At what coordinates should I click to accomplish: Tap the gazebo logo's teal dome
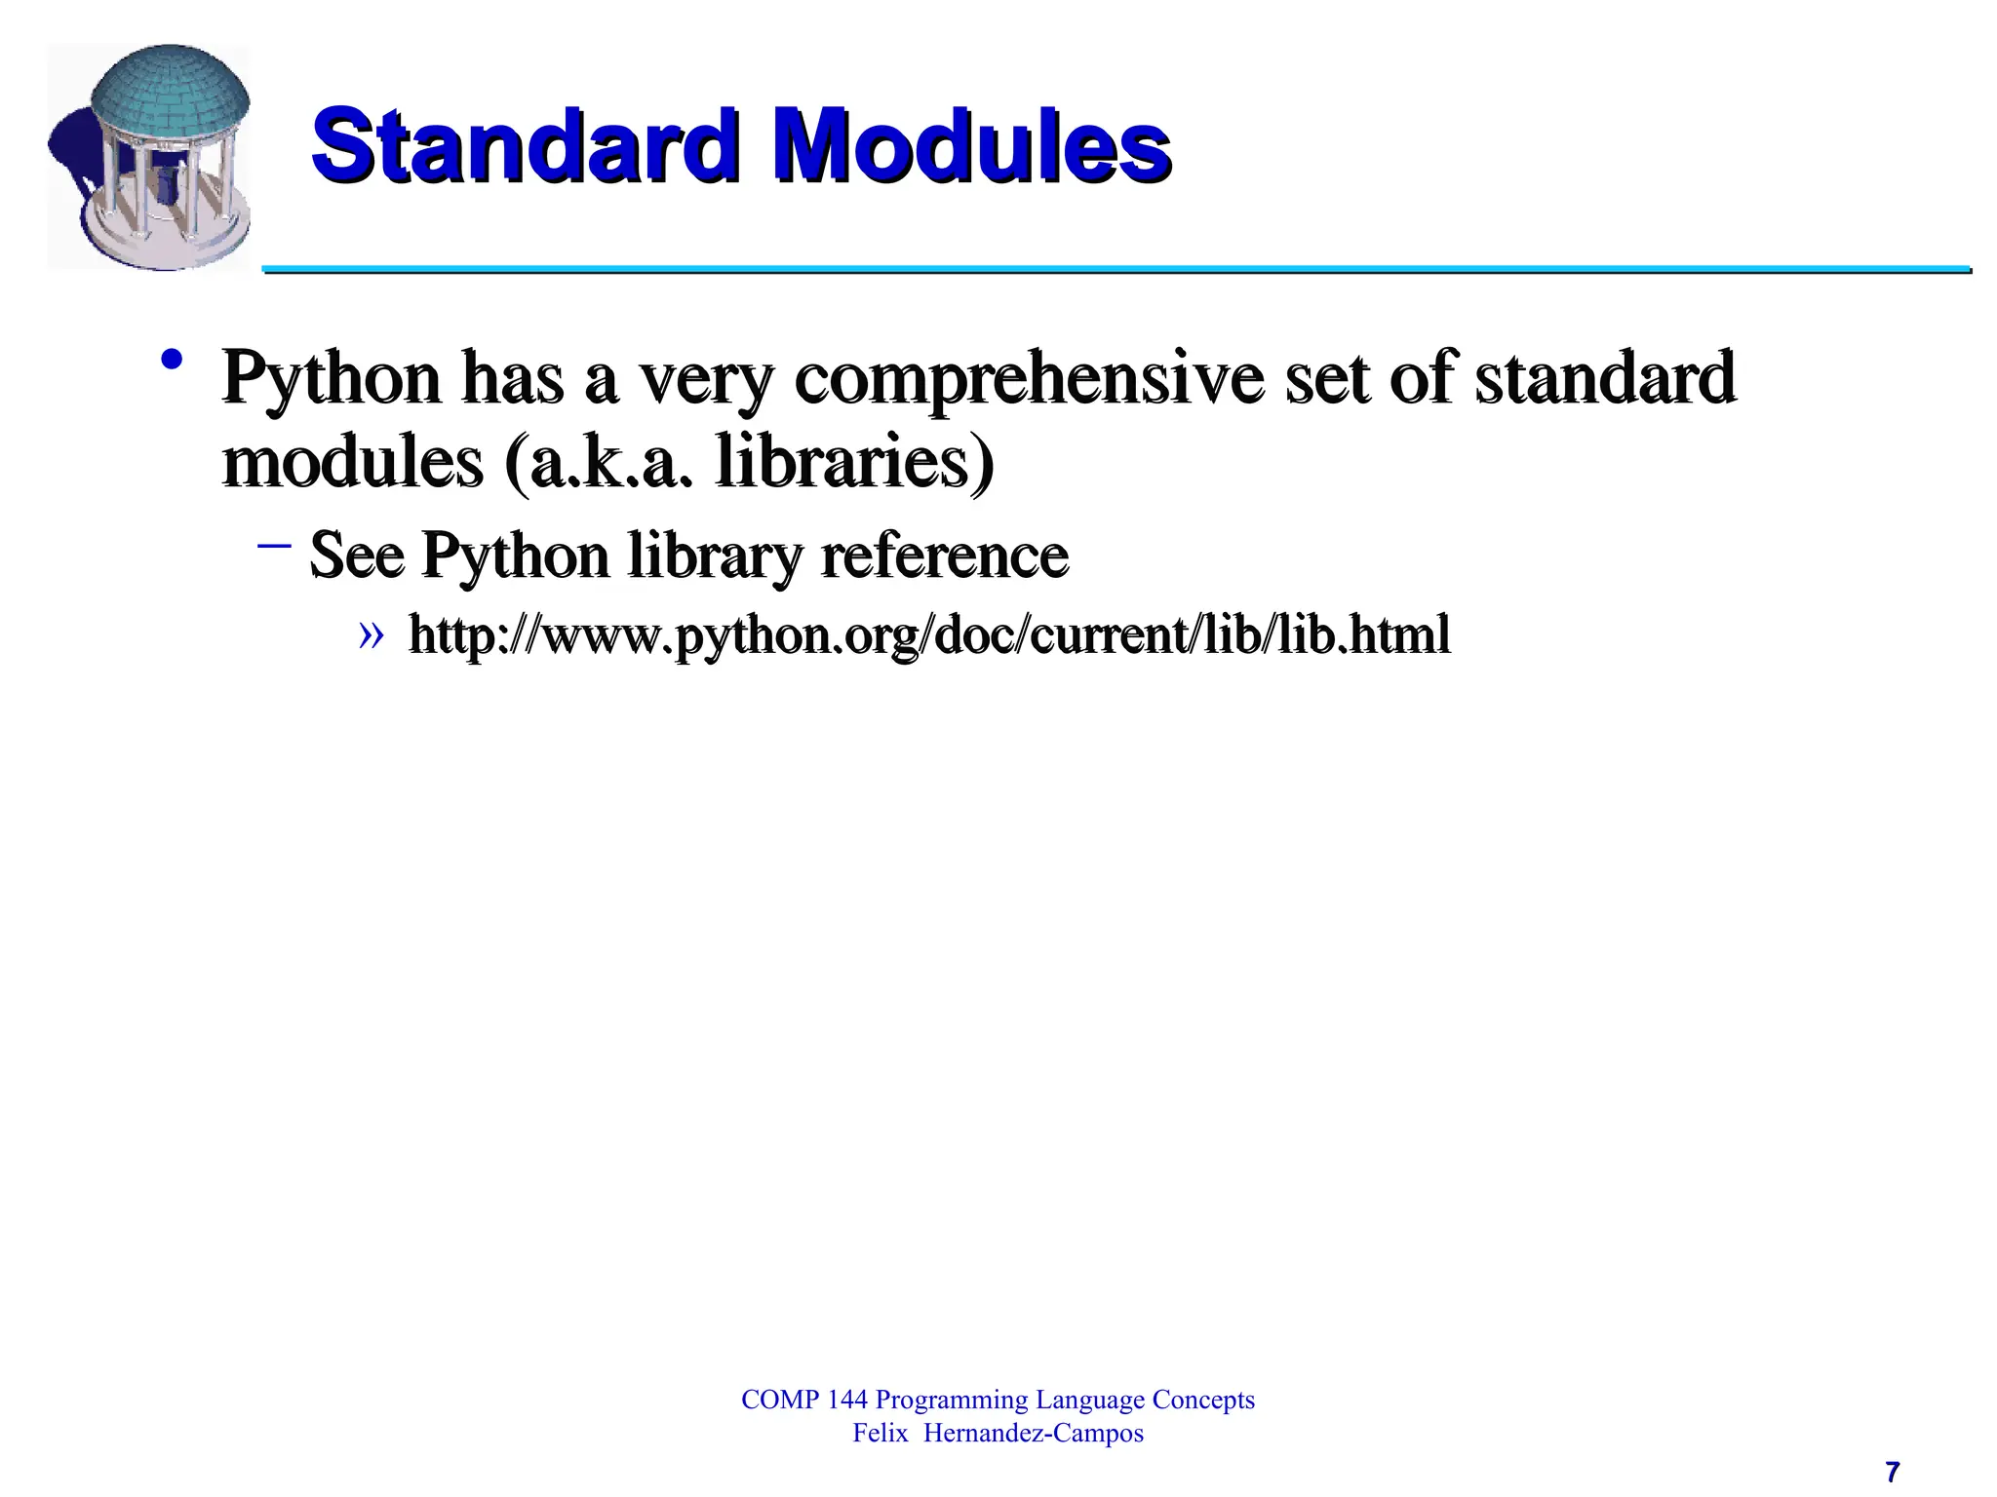170,93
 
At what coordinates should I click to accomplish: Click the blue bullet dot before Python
173,361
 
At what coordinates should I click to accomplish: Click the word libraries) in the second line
855,463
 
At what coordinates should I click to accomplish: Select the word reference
945,556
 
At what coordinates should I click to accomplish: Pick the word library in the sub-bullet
716,556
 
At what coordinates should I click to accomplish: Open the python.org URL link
929,635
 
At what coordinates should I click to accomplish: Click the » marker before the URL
371,635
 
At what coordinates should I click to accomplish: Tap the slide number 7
1892,1471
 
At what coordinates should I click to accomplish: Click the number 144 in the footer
846,1400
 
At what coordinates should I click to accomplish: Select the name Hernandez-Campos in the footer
1033,1433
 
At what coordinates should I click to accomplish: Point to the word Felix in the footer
880,1433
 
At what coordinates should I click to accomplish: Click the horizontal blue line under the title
1116,269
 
